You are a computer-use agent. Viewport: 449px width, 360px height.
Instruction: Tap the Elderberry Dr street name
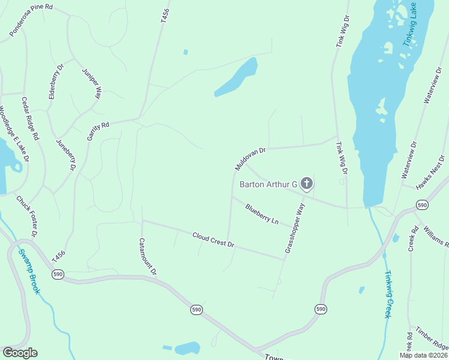pyautogui.click(x=55, y=82)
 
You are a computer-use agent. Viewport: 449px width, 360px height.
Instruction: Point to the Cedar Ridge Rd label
pyautogui.click(x=30, y=118)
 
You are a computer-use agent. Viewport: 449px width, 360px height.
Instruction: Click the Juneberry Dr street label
pyautogui.click(x=65, y=155)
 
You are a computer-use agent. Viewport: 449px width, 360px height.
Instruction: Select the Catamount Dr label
pyautogui.click(x=147, y=256)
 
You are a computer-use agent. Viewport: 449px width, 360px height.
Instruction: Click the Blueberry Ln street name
pyautogui.click(x=262, y=214)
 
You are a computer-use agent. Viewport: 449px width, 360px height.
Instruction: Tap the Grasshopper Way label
pyautogui.click(x=295, y=228)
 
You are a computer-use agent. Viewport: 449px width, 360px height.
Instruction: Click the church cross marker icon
pyautogui.click(x=307, y=184)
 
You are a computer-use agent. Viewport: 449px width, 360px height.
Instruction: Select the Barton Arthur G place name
pyautogui.click(x=269, y=184)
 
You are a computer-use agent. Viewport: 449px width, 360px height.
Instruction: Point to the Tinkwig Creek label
pyautogui.click(x=388, y=293)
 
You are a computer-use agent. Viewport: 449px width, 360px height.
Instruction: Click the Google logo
pyautogui.click(x=20, y=353)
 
